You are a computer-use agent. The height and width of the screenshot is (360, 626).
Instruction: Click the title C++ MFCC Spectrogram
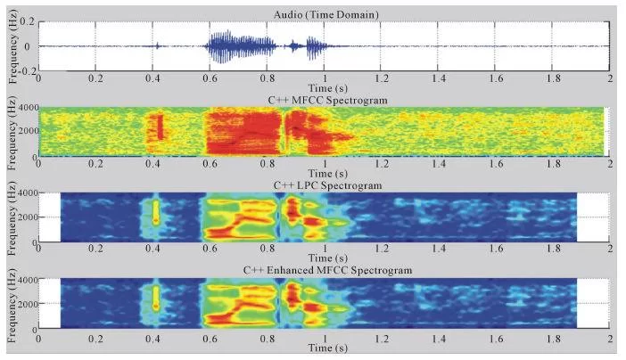(x=325, y=99)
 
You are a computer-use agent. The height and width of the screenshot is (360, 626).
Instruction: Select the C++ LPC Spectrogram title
(x=325, y=184)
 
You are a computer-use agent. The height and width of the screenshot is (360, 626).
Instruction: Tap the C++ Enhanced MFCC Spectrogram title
(x=325, y=270)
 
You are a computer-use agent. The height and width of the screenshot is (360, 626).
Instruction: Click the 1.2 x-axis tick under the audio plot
(x=382, y=78)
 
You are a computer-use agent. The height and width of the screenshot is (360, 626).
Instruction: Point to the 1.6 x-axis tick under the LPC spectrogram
(x=495, y=250)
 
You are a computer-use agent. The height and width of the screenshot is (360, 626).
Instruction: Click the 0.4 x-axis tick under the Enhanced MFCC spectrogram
(x=154, y=336)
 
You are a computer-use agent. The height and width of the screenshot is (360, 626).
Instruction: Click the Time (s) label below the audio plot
(x=325, y=87)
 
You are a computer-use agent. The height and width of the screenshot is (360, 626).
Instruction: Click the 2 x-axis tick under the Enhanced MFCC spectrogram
(x=609, y=336)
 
